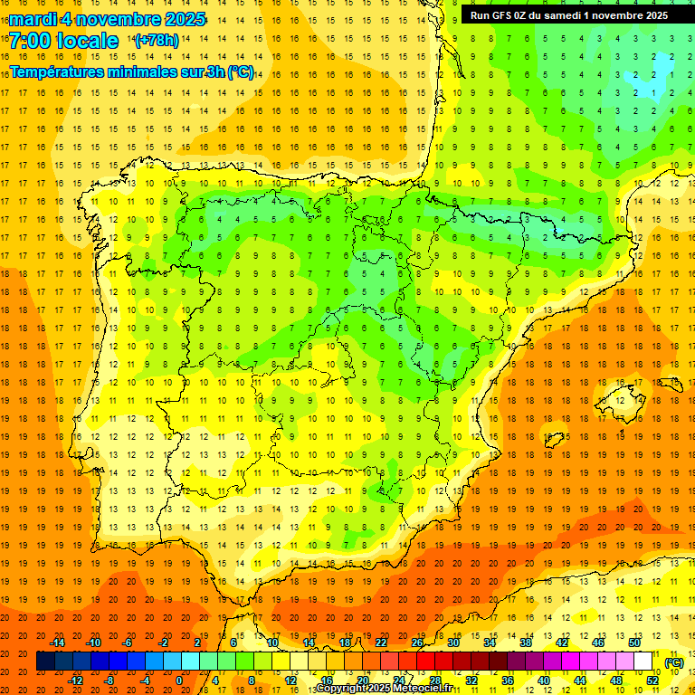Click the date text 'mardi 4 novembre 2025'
click(108, 19)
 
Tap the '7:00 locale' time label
click(63, 41)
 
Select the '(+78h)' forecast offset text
click(157, 41)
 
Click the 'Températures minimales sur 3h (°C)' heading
click(132, 71)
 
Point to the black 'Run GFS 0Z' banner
click(568, 15)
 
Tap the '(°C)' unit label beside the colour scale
click(673, 662)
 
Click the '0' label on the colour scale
click(179, 681)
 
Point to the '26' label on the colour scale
click(417, 642)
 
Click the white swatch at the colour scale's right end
click(643, 662)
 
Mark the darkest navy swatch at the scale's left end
click(46, 662)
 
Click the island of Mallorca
click(622, 399)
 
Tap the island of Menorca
click(671, 380)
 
